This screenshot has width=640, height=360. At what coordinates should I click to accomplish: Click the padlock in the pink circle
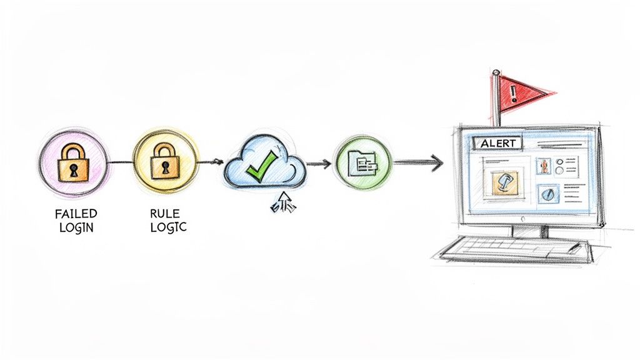click(x=73, y=163)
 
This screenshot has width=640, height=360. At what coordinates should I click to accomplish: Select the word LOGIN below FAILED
click(x=76, y=227)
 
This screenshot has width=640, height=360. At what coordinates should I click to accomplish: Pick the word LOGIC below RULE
click(x=168, y=227)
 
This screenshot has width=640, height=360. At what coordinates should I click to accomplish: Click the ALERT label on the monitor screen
click(x=498, y=143)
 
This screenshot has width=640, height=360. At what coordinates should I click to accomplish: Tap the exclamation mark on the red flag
click(x=514, y=94)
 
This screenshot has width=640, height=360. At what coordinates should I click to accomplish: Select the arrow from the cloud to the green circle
click(x=318, y=164)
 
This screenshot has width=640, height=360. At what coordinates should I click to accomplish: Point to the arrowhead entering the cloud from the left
click(x=218, y=162)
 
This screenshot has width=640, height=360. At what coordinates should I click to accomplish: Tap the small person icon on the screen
click(x=544, y=166)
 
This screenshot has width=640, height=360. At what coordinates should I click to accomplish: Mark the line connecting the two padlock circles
click(x=120, y=162)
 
